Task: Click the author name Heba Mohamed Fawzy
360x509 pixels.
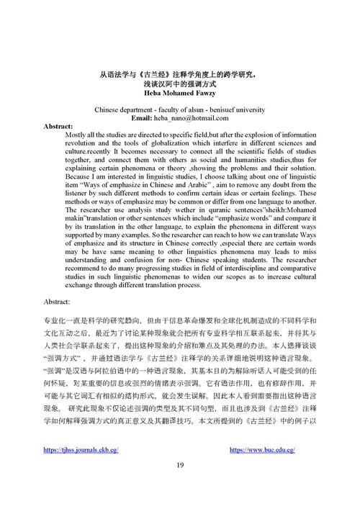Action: (179, 92)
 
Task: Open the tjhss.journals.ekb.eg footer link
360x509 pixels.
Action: (81, 449)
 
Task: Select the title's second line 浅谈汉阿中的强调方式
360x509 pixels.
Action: (179, 84)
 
